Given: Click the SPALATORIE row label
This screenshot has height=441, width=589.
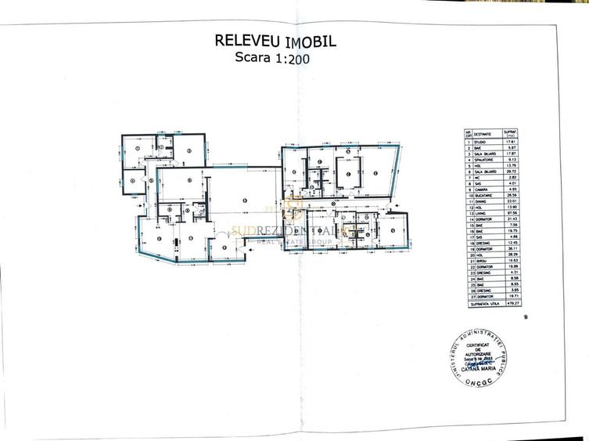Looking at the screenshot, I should [484, 160].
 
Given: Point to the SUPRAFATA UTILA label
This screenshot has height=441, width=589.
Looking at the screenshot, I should [480, 305].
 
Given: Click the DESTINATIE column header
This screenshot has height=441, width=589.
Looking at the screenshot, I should [484, 132].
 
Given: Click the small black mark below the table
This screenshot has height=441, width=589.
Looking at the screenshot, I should [526, 318].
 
